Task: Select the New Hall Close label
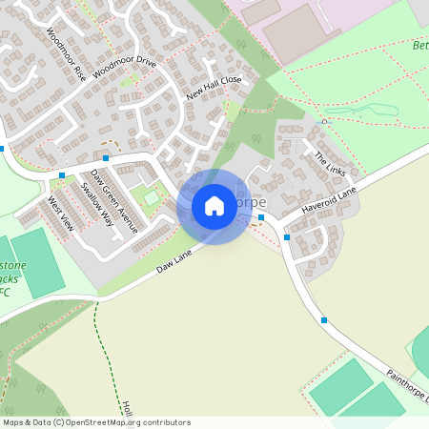coord(214,87)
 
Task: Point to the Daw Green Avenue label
coord(113,201)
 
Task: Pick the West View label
coord(60,214)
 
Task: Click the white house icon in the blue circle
coord(214,206)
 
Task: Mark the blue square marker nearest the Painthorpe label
coord(324,319)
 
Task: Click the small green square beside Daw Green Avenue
coord(150,197)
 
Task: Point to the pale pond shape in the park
coord(362,111)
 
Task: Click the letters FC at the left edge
coord(5,292)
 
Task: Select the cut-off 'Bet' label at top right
coord(419,45)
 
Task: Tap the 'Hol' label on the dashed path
coord(126,408)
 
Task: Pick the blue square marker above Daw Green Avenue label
coord(106,157)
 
